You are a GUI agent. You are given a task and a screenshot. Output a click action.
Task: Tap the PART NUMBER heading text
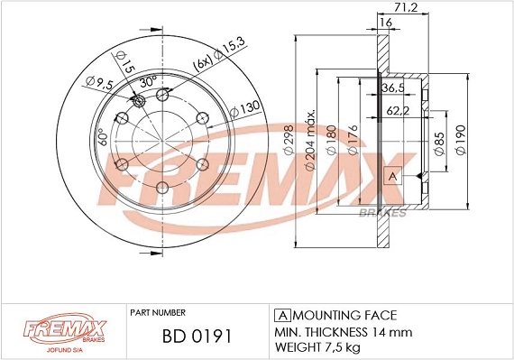[x=159, y=310]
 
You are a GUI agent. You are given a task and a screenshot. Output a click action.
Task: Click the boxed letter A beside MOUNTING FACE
[x=280, y=316]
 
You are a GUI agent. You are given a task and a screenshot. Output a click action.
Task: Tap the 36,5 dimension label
[x=394, y=88]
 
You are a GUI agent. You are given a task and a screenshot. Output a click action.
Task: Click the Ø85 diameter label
[x=438, y=144]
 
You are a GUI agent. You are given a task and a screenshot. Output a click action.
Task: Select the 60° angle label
[x=103, y=137]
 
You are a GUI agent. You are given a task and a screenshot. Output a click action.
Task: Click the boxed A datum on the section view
[x=393, y=176]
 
